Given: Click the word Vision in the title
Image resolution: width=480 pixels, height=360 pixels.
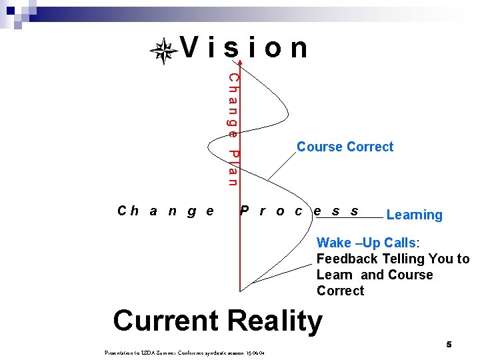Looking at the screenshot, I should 245,48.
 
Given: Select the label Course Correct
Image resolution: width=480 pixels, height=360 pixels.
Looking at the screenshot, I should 345,147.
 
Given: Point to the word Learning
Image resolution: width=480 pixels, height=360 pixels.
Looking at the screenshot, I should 414,215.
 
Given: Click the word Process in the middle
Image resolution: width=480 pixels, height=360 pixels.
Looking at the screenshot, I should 299,211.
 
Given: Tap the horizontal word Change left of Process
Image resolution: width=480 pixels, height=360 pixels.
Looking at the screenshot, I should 165,211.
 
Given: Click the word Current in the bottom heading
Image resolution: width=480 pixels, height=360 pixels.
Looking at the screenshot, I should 167,321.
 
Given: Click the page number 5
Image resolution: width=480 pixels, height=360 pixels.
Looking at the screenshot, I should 449,344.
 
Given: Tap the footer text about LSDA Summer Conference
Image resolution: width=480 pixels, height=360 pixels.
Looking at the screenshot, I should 186,351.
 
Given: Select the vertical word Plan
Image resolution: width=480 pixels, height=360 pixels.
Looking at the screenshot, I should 233,167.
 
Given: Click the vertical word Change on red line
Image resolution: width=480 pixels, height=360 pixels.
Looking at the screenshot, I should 233,105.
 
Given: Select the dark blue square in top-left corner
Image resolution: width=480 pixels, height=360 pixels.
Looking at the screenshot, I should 11,10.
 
